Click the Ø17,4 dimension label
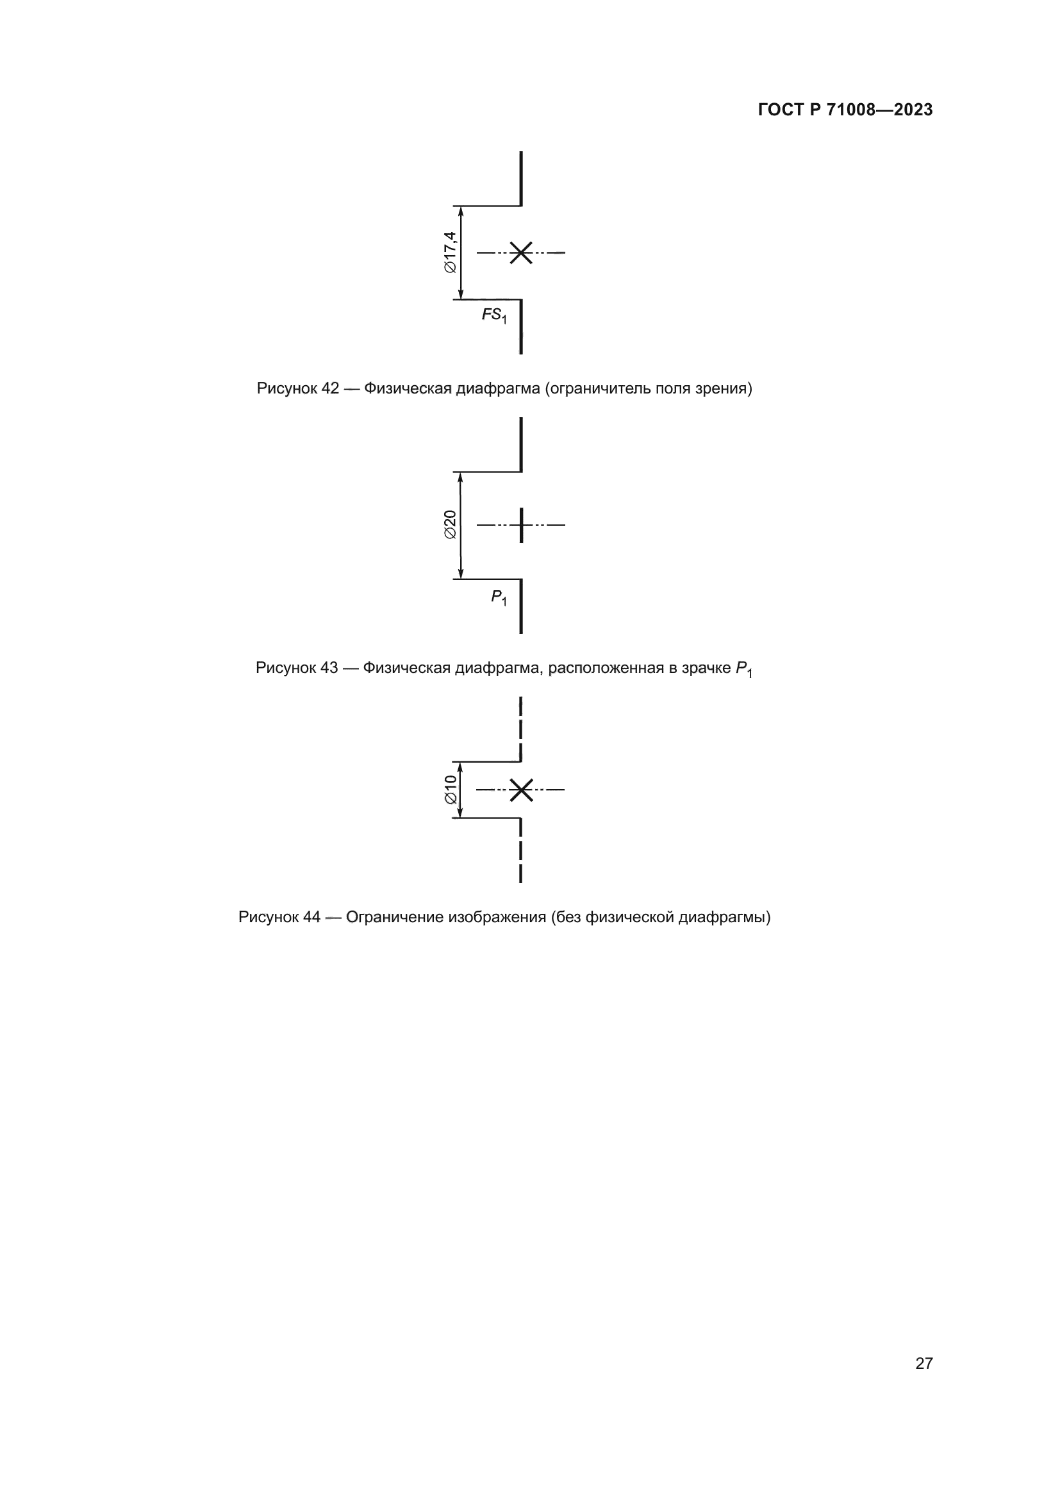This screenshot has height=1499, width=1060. click(x=451, y=252)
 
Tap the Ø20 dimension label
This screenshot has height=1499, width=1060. click(x=451, y=524)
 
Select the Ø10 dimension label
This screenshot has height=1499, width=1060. click(x=451, y=790)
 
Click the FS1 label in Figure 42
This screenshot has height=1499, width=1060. click(x=494, y=315)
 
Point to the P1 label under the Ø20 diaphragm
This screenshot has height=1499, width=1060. click(x=499, y=597)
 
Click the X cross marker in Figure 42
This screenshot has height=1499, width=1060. click(x=521, y=252)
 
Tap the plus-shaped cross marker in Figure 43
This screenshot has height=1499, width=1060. click(x=521, y=524)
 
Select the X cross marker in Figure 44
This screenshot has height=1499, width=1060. click(x=521, y=790)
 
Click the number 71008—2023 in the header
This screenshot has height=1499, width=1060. click(x=879, y=110)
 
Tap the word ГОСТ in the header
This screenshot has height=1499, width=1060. click(x=781, y=110)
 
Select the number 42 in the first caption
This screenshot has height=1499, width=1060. click(x=330, y=388)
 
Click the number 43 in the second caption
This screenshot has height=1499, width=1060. click(x=329, y=668)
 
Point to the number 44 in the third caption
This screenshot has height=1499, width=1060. click(x=312, y=917)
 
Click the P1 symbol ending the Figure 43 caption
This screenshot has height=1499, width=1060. click(x=743, y=669)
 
